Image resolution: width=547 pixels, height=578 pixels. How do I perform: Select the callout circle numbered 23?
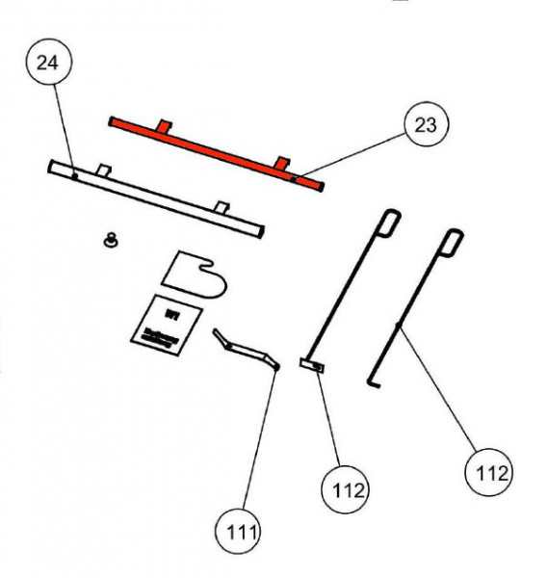pyautogui.click(x=425, y=123)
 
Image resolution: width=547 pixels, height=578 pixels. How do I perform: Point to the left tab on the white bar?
pyautogui.click(x=105, y=171)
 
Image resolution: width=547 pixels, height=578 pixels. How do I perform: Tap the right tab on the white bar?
pyautogui.click(x=222, y=206)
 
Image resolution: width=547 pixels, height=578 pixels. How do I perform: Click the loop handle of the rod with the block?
pyautogui.click(x=389, y=222)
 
